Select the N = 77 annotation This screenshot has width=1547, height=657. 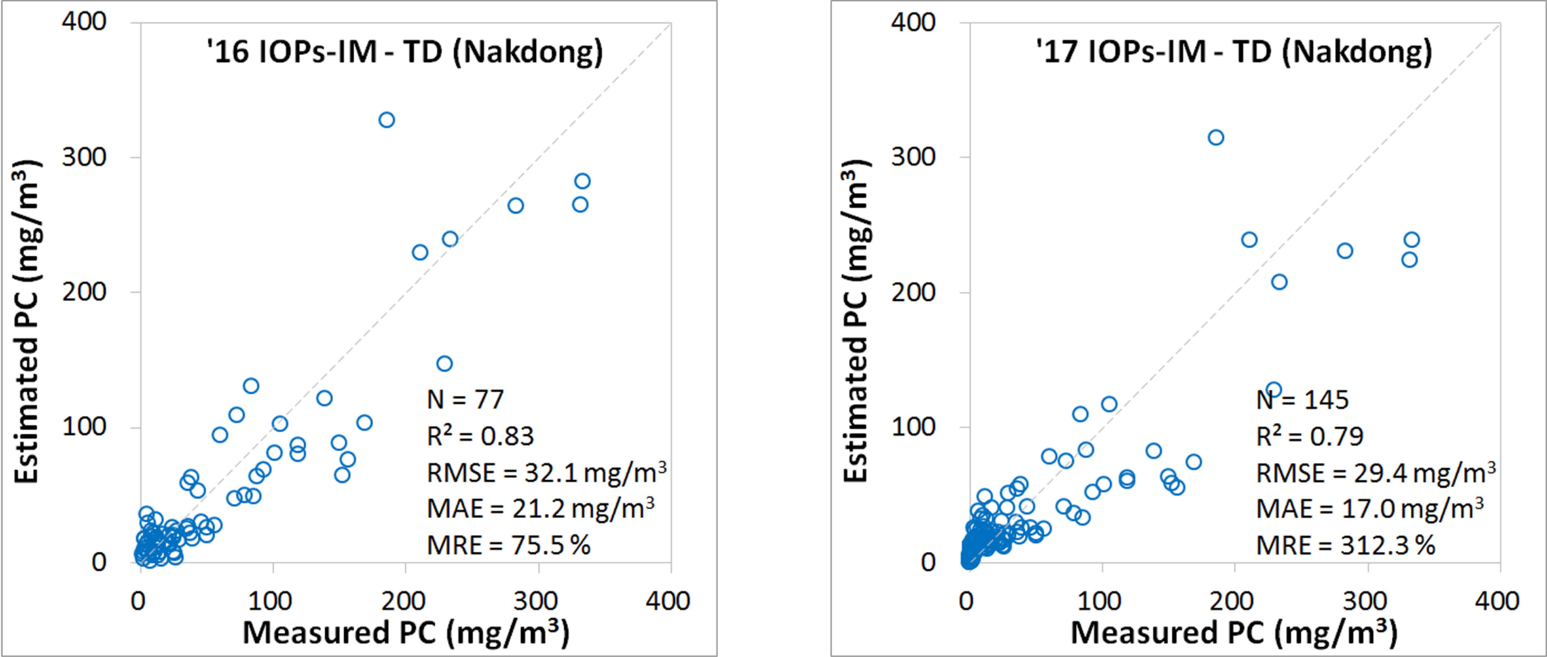click(x=465, y=400)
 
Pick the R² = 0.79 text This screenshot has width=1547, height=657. click(x=1309, y=436)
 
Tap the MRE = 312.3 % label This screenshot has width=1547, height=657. click(x=1345, y=545)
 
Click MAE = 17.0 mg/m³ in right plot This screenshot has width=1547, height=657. click(x=1369, y=509)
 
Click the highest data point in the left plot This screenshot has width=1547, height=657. click(x=387, y=120)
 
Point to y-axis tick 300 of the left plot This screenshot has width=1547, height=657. click(x=84, y=157)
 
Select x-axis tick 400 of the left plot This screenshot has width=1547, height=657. click(x=668, y=601)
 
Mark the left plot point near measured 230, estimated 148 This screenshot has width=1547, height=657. click(x=444, y=363)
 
